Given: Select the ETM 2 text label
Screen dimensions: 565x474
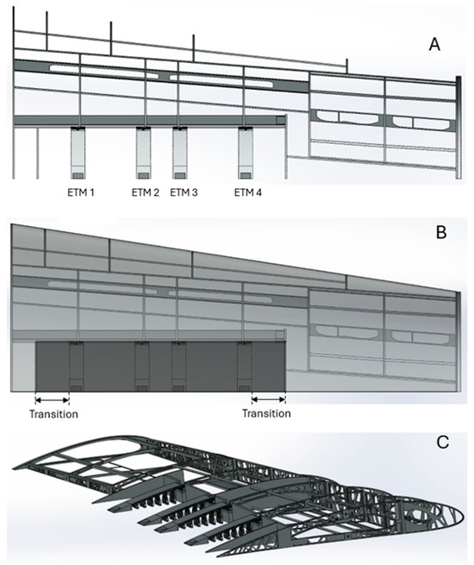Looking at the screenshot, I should (146, 191).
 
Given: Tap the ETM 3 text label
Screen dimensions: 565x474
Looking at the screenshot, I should (184, 191).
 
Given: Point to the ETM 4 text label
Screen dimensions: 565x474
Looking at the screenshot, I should (248, 191).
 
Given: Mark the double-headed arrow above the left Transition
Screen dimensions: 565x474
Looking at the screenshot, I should (52, 399).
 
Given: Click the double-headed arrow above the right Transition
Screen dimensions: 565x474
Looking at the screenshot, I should (268, 399).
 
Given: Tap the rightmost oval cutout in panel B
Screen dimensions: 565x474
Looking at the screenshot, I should (417, 335).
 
